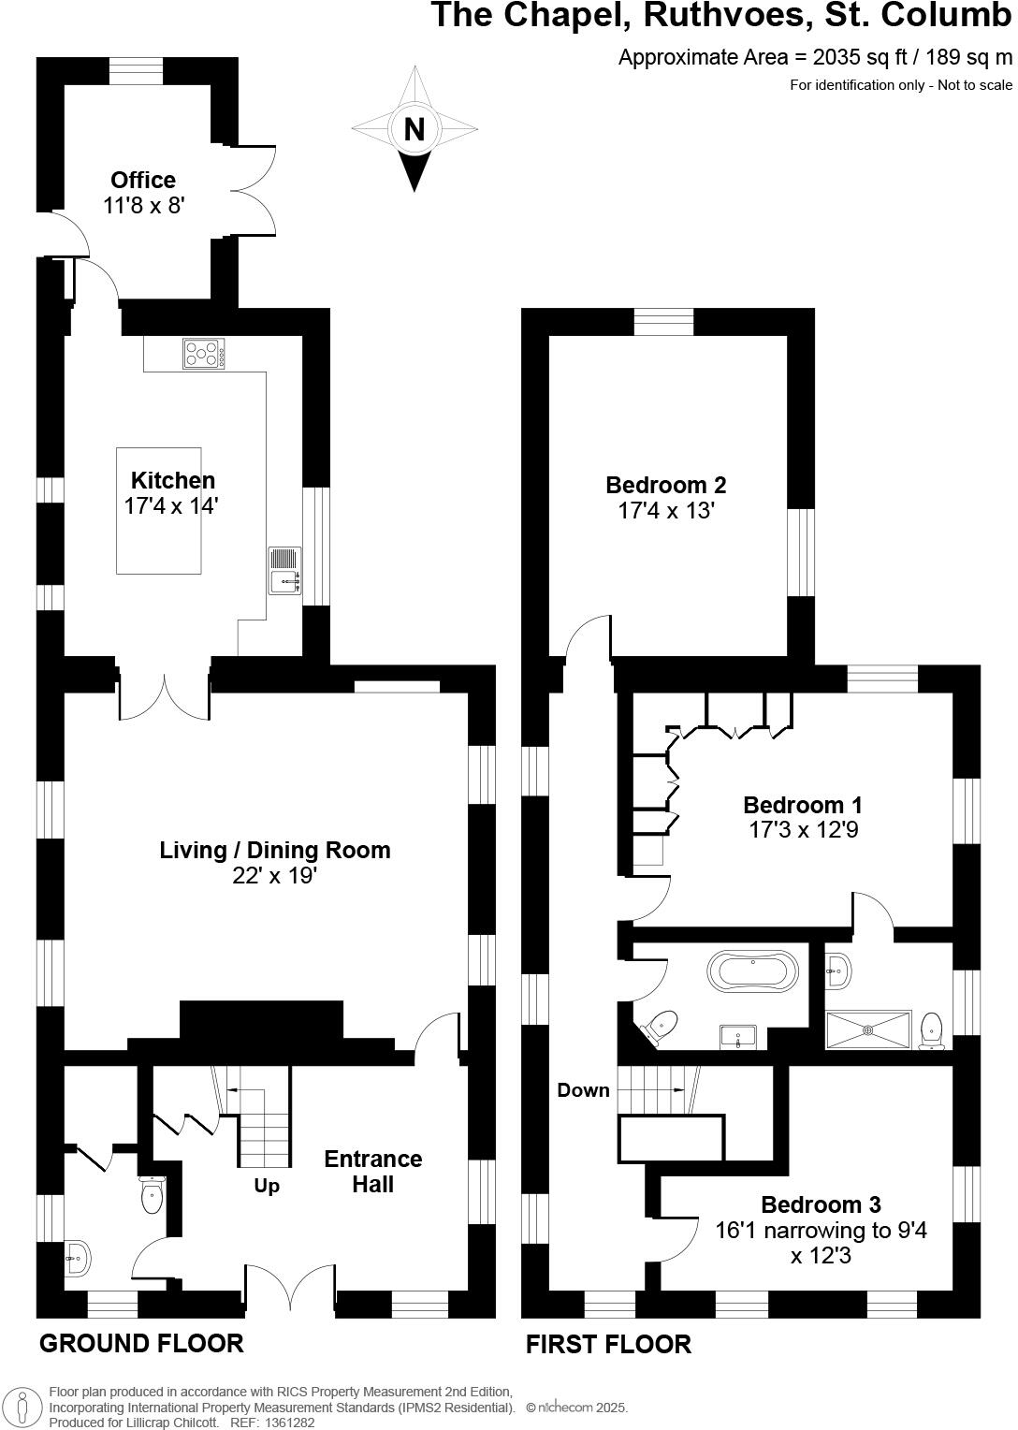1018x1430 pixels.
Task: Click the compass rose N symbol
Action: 414,129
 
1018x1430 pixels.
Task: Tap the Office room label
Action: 143,180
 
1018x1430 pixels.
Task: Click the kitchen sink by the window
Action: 284,571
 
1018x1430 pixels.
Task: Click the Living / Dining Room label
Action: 275,850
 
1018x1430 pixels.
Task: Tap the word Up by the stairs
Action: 267,1186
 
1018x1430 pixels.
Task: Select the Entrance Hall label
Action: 372,1171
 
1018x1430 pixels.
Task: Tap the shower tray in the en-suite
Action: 867,1029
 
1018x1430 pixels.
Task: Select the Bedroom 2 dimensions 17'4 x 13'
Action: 666,511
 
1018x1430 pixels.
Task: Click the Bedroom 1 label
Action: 802,805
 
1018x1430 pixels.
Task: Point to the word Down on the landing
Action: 583,1089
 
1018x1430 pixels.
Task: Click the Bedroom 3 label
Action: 821,1204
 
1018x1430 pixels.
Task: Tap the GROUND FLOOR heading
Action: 141,1343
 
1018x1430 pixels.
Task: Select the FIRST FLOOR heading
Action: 608,1344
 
